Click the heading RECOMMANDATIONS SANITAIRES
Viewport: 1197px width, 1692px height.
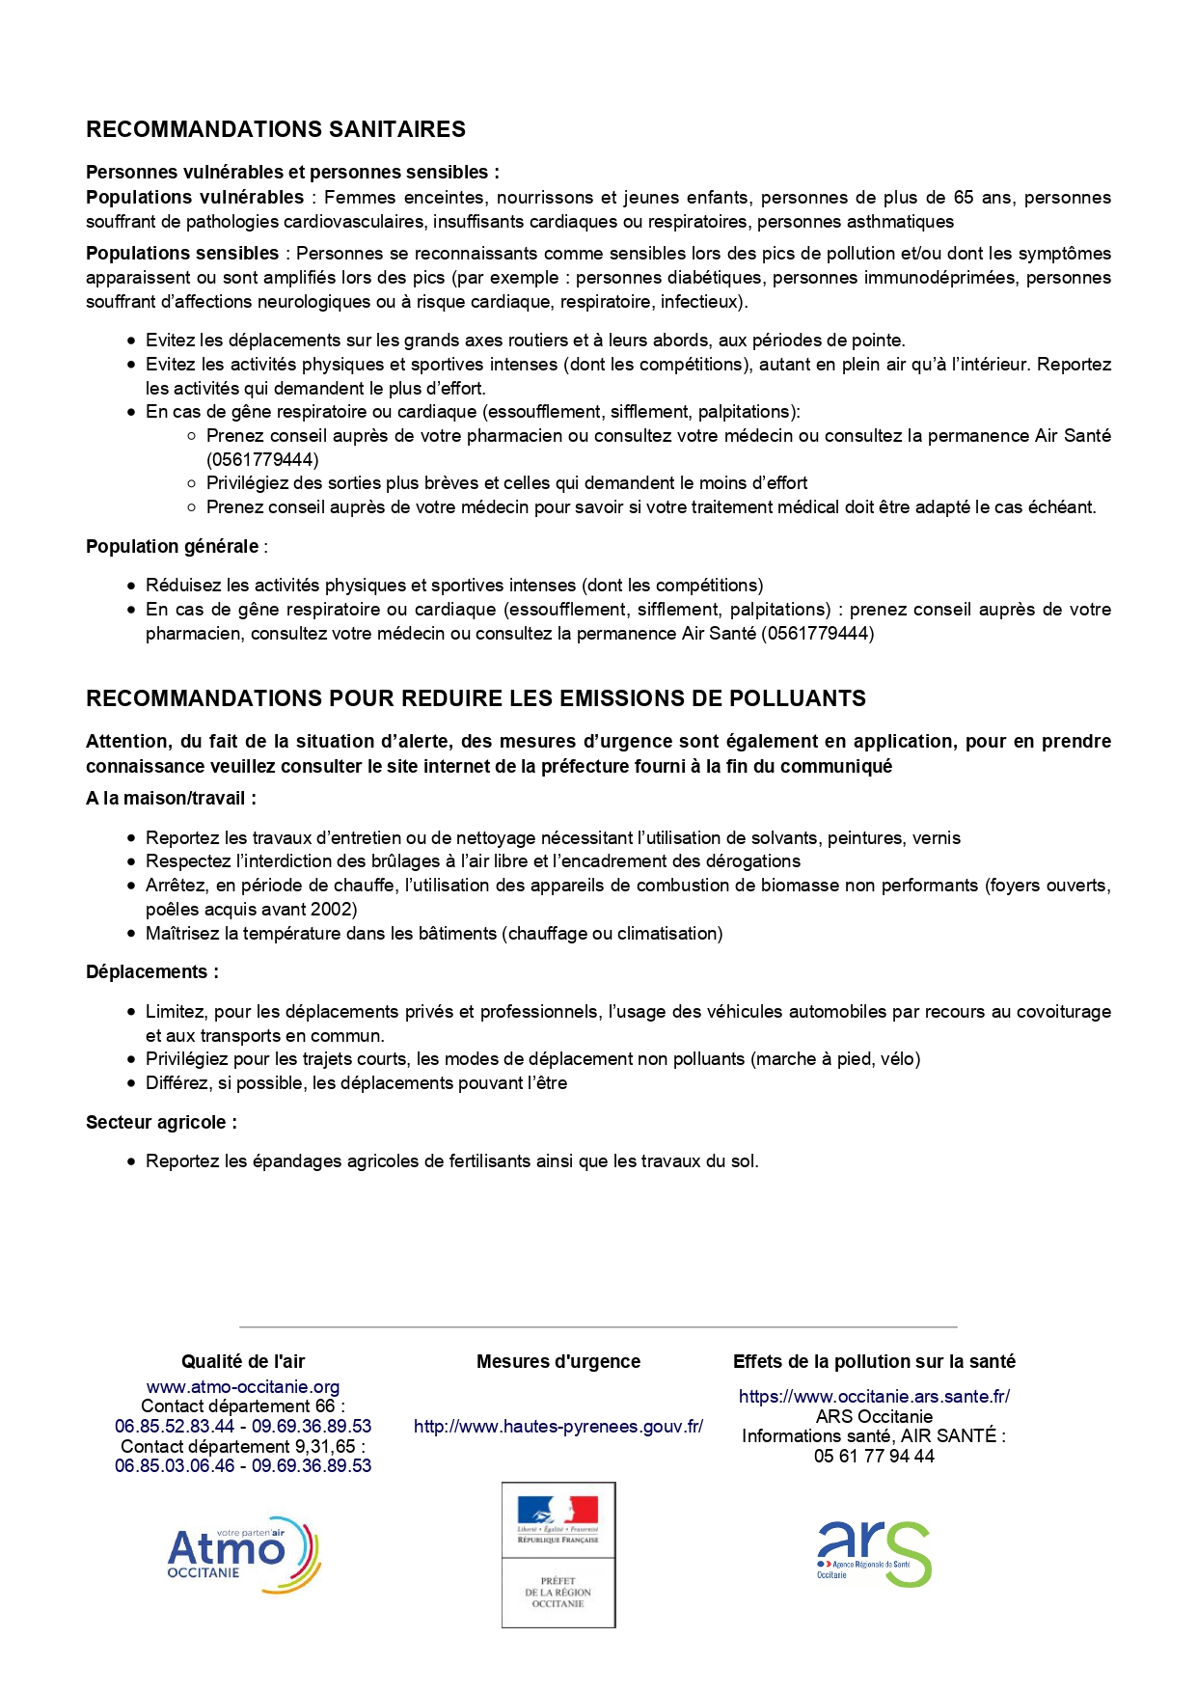click(276, 129)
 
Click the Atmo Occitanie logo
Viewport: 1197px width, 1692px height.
click(244, 1554)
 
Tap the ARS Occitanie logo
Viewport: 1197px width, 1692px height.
click(874, 1554)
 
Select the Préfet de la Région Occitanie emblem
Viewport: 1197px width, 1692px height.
click(558, 1555)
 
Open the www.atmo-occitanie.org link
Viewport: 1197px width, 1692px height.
click(243, 1387)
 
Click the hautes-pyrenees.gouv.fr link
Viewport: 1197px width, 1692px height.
click(558, 1427)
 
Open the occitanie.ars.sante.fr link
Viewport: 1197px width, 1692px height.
click(874, 1397)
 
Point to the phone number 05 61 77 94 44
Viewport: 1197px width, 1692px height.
click(874, 1457)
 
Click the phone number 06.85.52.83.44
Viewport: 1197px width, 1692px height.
click(175, 1427)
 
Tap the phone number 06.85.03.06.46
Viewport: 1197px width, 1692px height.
click(175, 1466)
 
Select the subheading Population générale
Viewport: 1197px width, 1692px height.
click(173, 547)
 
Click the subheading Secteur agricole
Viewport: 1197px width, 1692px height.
click(161, 1123)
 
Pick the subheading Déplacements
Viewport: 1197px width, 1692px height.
click(152, 972)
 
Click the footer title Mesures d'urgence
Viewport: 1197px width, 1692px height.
click(558, 1362)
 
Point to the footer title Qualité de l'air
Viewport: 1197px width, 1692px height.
click(243, 1362)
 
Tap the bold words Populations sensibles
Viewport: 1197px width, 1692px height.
click(182, 254)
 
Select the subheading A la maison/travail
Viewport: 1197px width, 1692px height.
click(171, 799)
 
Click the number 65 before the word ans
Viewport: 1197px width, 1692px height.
click(964, 198)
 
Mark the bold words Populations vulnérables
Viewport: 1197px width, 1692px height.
click(195, 198)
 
